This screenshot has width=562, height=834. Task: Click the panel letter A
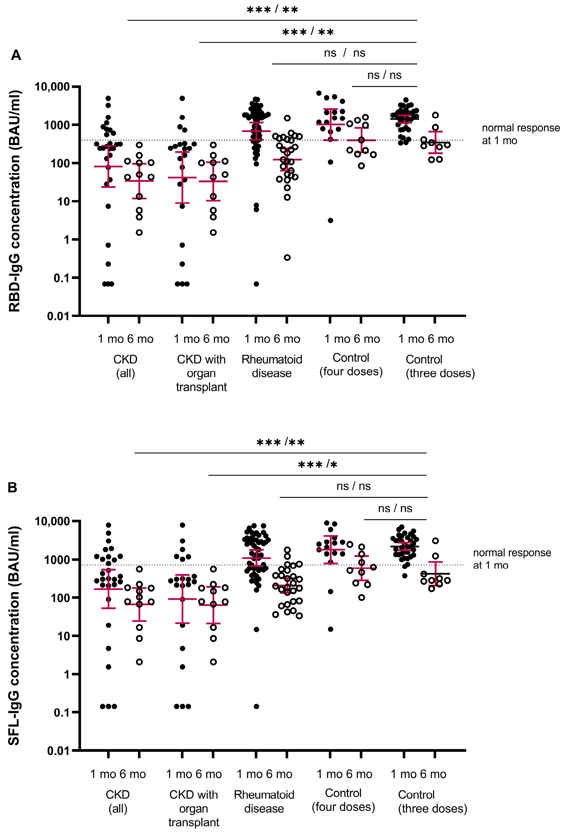[x=16, y=56]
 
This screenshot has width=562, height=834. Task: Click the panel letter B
[x=13, y=488]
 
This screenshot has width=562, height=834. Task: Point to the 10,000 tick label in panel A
[x=52, y=86]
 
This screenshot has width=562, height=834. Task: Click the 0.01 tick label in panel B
[x=58, y=750]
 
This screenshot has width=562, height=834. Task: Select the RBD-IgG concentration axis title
[x=15, y=201]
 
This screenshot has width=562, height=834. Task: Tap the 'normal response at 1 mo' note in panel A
[x=520, y=134]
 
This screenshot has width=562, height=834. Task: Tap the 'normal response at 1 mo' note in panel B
[x=512, y=559]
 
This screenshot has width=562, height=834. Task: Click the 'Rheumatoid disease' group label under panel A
[x=272, y=366]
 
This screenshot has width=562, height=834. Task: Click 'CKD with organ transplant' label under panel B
[x=193, y=808]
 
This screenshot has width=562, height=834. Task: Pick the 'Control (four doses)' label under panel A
[x=351, y=364]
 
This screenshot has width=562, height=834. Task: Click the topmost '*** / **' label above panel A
[x=272, y=10]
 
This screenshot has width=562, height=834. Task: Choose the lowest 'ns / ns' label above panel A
[x=384, y=75]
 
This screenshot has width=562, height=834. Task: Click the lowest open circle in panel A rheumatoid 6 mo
[x=287, y=257]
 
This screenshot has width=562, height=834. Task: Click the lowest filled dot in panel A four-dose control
[x=330, y=220]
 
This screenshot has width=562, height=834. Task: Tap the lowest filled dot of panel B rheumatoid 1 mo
[x=257, y=706]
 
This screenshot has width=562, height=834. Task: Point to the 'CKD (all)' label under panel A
[x=126, y=366]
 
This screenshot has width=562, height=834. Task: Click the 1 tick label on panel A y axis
[x=67, y=239]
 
